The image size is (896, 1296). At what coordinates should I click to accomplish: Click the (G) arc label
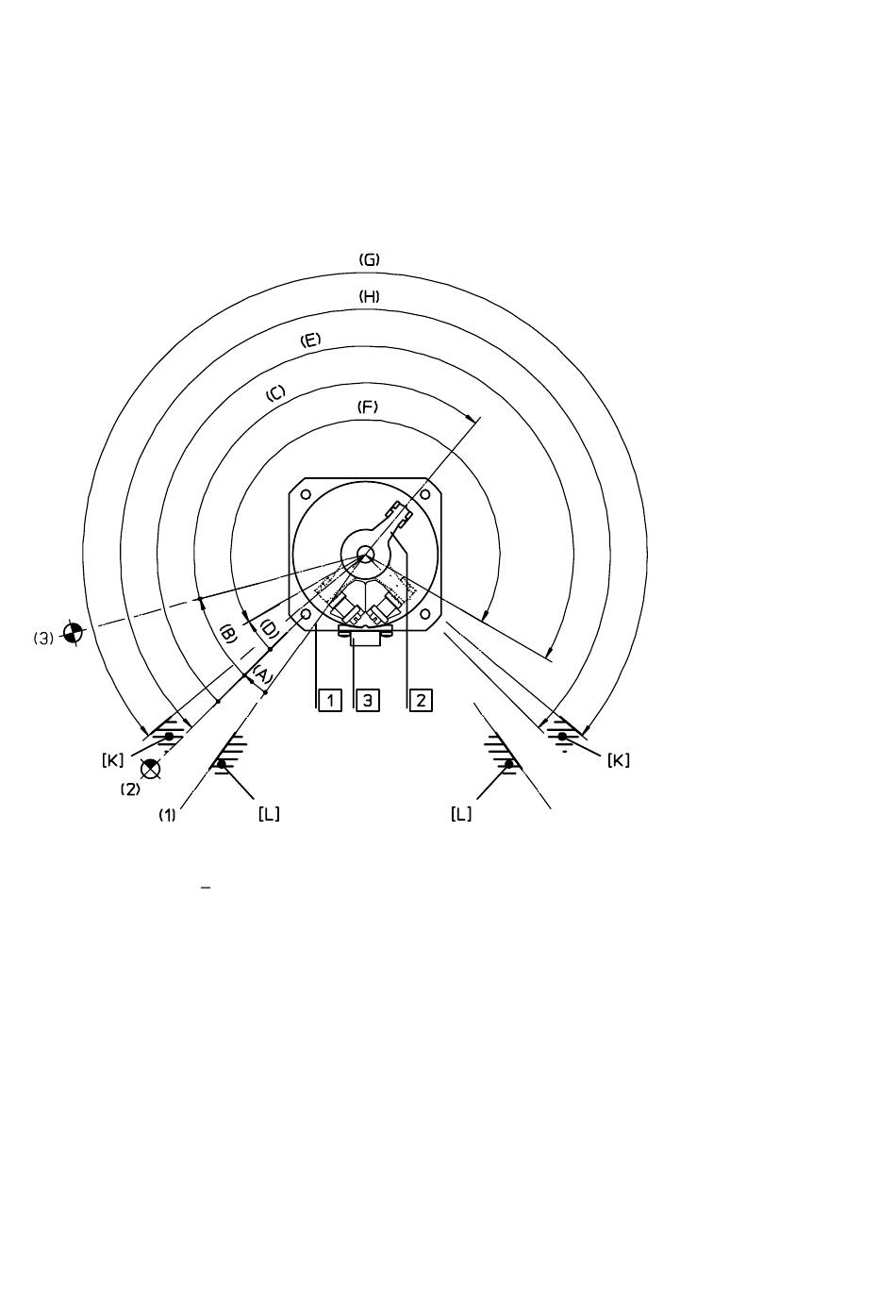[369, 259]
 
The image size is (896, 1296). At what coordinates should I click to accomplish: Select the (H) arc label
[369, 297]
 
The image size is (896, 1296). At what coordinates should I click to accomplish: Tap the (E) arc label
[310, 340]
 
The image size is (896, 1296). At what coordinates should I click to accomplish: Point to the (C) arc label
[276, 392]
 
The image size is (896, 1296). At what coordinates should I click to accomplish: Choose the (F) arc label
[367, 407]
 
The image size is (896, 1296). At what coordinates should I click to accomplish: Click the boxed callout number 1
[330, 700]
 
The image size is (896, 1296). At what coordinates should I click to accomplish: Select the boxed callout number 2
[421, 700]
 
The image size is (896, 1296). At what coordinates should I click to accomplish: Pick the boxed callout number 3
[367, 700]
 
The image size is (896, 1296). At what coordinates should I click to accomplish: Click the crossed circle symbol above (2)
[150, 769]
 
